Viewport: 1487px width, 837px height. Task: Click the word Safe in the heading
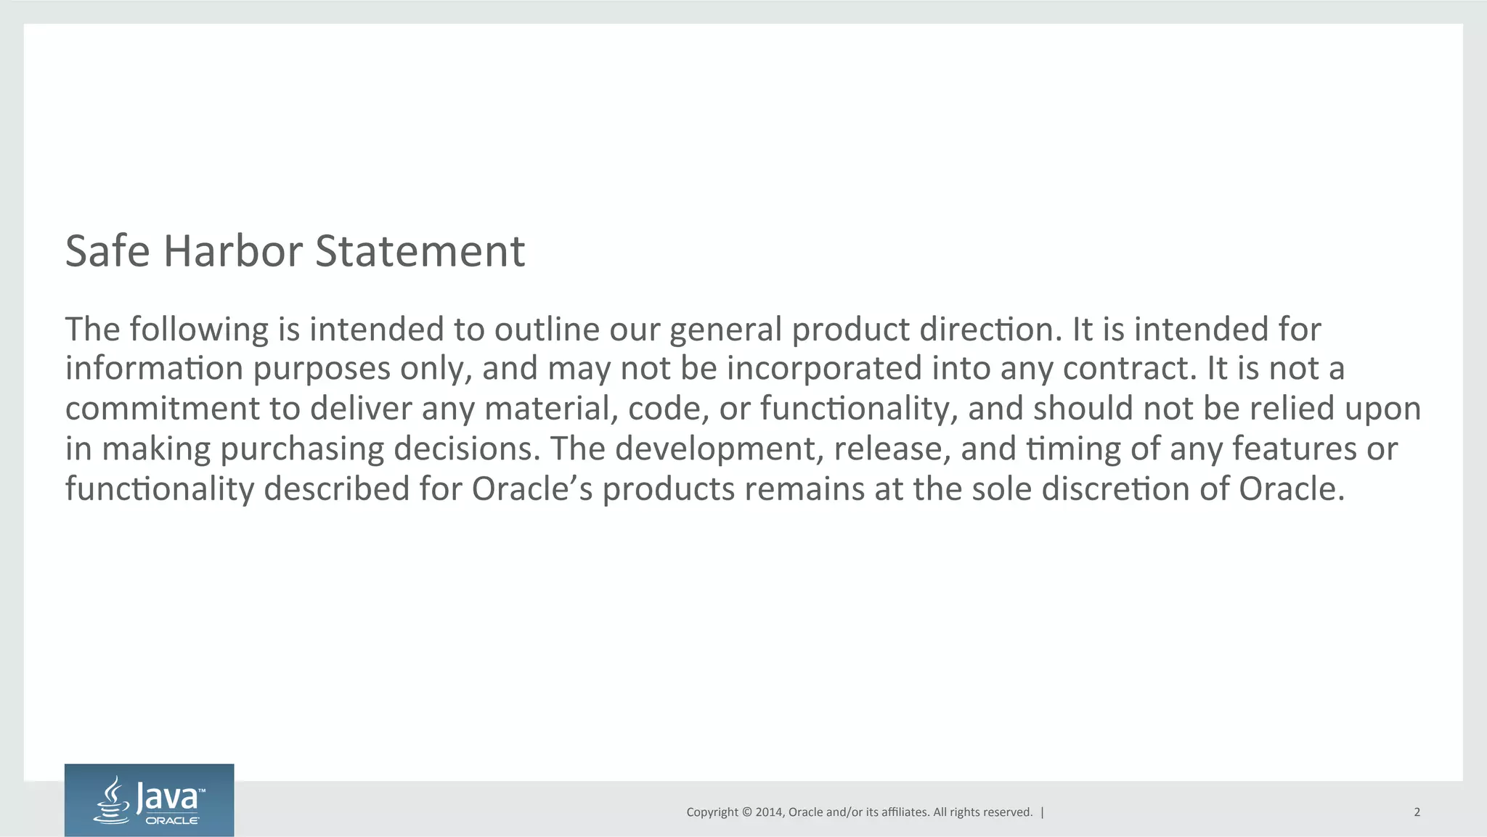[x=107, y=251]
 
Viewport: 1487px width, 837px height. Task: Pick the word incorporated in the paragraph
[x=824, y=369]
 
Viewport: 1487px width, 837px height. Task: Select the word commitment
[x=162, y=409]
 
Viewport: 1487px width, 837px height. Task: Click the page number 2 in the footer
[x=1417, y=812]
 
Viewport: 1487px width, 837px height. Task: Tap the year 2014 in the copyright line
[x=768, y=812]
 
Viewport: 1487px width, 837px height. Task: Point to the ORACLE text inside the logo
[x=173, y=820]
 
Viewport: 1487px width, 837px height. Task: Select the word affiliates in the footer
[x=904, y=812]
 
